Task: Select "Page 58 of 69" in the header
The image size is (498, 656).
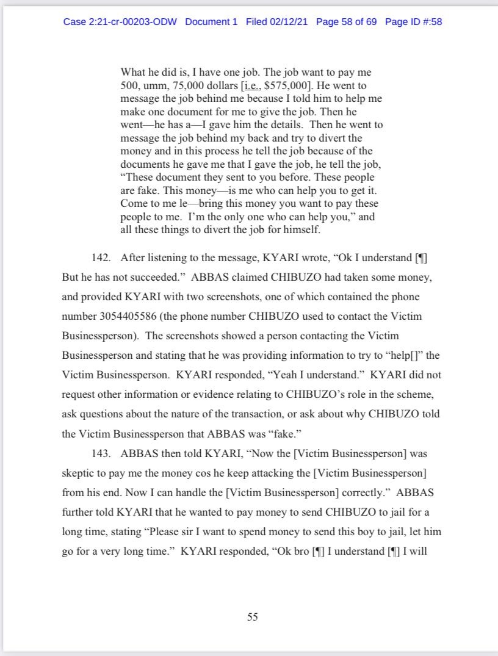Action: (x=346, y=22)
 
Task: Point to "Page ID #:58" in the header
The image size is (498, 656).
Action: (x=414, y=22)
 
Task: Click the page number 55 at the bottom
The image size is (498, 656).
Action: (x=252, y=617)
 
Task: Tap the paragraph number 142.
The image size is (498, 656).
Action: (x=101, y=258)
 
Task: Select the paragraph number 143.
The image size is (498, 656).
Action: (x=101, y=454)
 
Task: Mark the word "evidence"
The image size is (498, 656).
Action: (x=247, y=394)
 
